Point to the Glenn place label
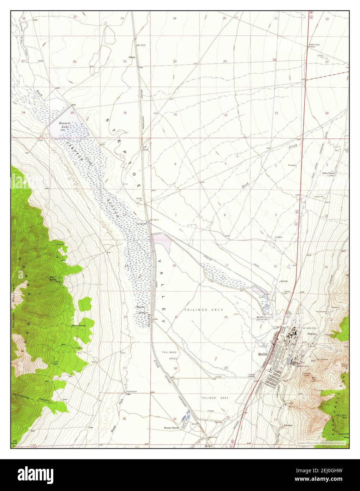coord(132,57)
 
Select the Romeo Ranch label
coord(172,427)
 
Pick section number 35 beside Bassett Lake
coord(72,113)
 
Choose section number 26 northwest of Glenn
coord(74,62)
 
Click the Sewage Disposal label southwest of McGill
coord(251,375)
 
